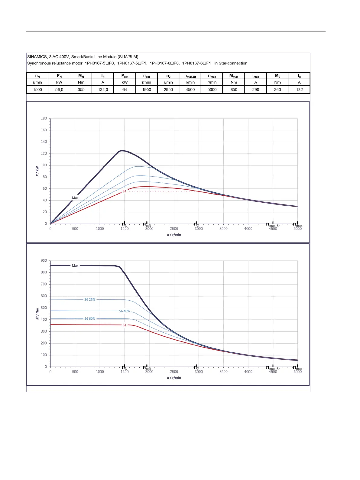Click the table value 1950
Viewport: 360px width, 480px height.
click(147, 90)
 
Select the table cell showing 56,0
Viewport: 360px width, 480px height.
click(59, 90)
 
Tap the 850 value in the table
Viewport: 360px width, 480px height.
click(234, 90)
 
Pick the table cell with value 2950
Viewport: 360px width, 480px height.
click(168, 90)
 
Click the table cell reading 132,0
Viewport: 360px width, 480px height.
click(103, 90)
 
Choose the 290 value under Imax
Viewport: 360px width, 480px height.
click(256, 90)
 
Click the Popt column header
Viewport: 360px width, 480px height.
click(125, 76)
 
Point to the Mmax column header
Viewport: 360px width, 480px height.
click(234, 76)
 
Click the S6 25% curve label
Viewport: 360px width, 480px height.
click(90, 299)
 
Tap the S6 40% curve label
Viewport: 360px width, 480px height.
click(124, 311)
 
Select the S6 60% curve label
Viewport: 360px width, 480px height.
click(90, 318)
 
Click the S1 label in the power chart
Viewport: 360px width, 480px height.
click(124, 191)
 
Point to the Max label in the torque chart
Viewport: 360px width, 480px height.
click(75, 266)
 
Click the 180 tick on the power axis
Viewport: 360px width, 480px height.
click(44, 118)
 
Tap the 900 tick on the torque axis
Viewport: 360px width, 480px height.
click(44, 260)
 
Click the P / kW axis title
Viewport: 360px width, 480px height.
click(37, 171)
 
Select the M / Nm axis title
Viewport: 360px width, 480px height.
click(37, 314)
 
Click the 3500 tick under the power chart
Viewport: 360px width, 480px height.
click(223, 229)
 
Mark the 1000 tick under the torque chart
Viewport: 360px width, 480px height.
click(100, 372)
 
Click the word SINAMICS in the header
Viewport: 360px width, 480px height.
click(37, 57)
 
